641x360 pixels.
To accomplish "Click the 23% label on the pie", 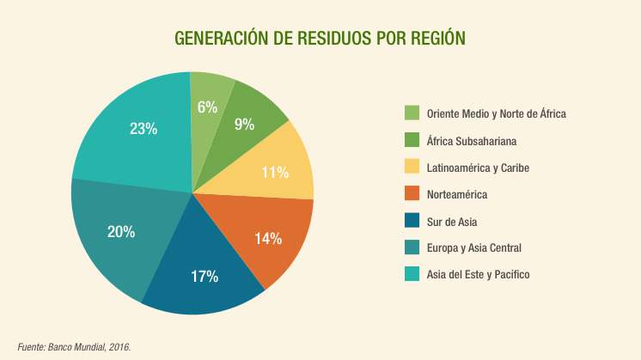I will point(143,129).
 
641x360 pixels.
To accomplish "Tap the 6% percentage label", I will point(207,107).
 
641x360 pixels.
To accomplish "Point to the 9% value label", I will point(244,125).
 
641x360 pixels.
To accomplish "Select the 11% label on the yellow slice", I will point(274,173).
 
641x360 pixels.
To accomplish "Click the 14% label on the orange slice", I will point(268,239).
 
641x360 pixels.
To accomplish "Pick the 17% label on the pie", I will point(205,277).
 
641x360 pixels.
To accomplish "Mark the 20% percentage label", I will point(120,231).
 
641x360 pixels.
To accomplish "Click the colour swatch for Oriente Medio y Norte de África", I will point(412,113).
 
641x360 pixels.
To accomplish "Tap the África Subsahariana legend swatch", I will point(412,140).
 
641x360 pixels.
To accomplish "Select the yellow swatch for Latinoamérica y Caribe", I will point(412,167).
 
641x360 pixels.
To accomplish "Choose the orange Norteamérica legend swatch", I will point(412,194).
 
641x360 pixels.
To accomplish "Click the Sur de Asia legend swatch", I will point(412,221).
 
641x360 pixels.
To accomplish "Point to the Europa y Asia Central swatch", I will point(412,247).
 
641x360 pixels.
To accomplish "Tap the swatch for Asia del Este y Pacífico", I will point(412,274).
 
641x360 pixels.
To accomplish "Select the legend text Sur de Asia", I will point(451,221).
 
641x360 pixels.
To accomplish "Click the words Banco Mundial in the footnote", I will point(82,347).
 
